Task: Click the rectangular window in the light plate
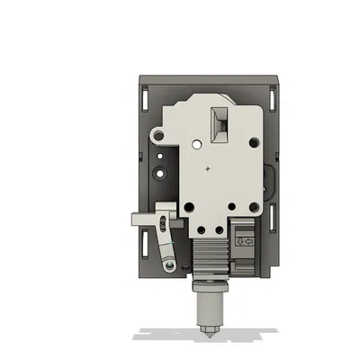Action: (218, 127)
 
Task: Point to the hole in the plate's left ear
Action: (158, 135)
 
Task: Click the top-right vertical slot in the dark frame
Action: (273, 94)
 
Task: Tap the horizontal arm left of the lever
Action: (143, 218)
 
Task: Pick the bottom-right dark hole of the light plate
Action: (254, 206)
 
